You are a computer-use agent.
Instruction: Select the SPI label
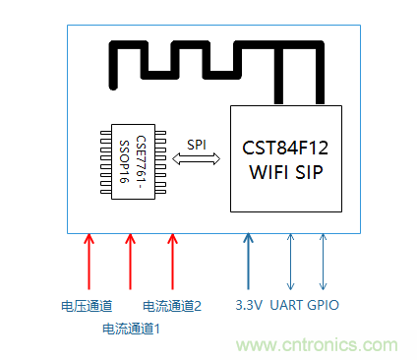coord(197,144)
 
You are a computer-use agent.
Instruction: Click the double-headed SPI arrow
coord(197,158)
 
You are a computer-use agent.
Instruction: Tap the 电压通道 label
coord(88,306)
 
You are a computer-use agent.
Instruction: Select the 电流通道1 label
coord(131,328)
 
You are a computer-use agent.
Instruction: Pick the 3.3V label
coord(247,306)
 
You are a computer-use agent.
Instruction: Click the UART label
coord(289,306)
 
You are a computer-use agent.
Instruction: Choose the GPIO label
coord(324,306)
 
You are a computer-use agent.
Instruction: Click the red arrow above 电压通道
coord(89,261)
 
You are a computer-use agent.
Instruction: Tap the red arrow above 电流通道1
coord(131,261)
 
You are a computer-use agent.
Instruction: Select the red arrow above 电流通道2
coord(173,261)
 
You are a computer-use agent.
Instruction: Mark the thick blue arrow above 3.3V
coord(248,261)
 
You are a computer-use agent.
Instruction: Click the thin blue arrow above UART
coord(289,261)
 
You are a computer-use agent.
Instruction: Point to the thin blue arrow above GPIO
coord(324,261)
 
